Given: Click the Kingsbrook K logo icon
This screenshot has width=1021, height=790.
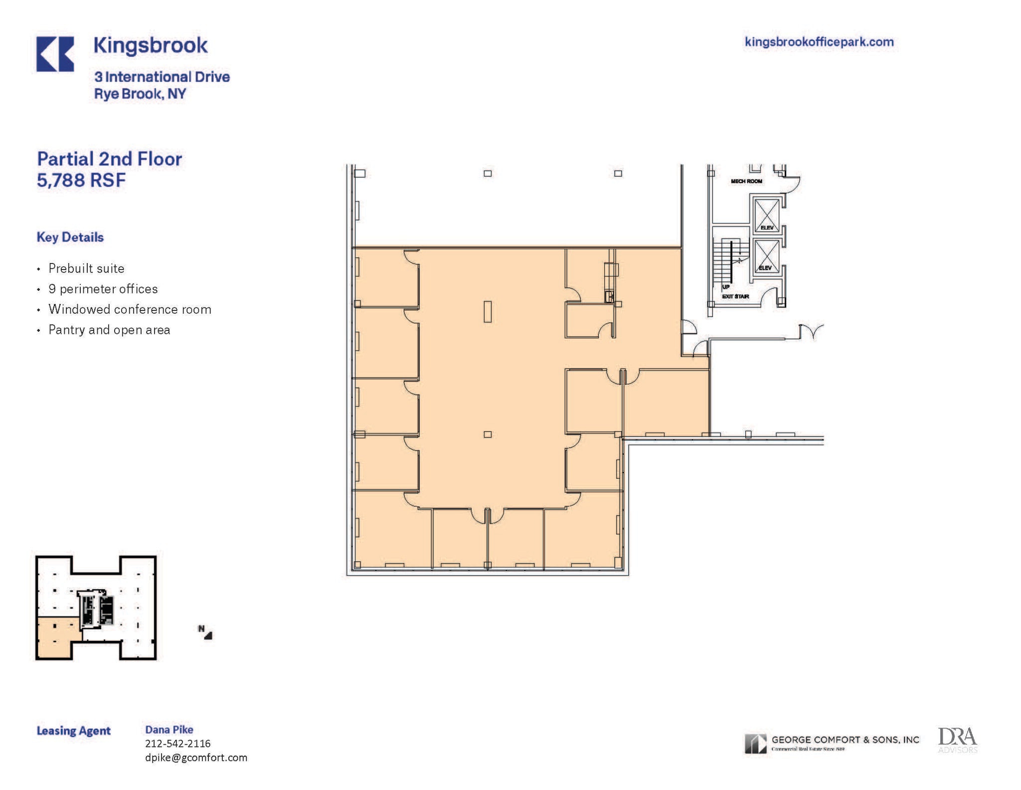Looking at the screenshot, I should tap(55, 54).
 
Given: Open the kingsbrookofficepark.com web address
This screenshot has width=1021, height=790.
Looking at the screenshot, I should tap(819, 42).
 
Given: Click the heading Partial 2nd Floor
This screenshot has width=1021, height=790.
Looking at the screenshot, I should tap(110, 159).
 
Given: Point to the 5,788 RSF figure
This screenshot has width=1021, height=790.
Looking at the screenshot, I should tap(81, 180).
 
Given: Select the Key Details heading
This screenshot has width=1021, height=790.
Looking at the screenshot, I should tap(70, 237).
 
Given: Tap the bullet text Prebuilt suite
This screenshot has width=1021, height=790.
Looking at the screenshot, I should tap(86, 268).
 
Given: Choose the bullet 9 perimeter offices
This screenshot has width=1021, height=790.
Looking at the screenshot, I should tap(103, 289).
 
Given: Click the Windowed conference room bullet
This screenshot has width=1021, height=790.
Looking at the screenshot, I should tap(130, 309).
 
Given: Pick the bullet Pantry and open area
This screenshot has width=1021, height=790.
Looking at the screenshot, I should tap(109, 330).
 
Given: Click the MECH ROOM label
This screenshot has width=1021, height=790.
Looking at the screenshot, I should tap(746, 181).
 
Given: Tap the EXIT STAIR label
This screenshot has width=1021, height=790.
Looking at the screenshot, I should tap(735, 296).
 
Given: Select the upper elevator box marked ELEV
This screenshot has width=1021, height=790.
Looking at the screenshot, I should tap(767, 215).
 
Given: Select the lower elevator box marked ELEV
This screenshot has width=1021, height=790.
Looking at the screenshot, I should tap(766, 256).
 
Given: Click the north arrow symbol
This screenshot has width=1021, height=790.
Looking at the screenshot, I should tap(205, 632).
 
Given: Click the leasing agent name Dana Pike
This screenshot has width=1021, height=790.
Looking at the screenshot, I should tap(169, 730).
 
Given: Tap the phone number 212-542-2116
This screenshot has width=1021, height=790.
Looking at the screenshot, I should tap(177, 744).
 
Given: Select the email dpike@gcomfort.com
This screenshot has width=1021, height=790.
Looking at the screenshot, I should tap(196, 758).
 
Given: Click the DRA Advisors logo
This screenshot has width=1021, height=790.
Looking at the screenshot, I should tap(957, 740).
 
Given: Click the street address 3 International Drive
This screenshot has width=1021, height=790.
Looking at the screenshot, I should tap(162, 77).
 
